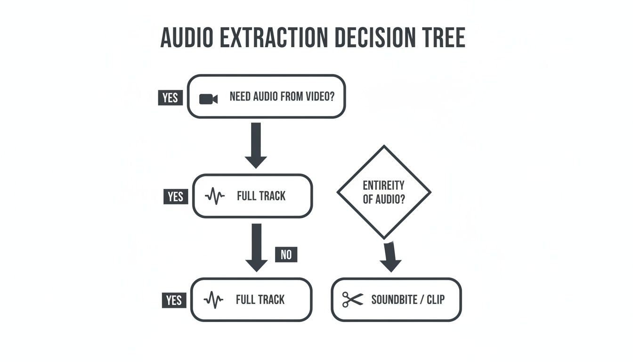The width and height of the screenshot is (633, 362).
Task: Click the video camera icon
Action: [x=208, y=99]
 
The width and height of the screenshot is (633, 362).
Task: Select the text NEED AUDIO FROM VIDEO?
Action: [x=282, y=97]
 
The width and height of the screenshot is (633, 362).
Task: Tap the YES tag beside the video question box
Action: [x=170, y=98]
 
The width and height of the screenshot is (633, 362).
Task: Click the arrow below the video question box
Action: [x=256, y=145]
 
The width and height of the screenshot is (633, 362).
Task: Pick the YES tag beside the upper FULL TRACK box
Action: [x=175, y=196]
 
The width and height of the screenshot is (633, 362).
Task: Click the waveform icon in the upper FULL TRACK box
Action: [x=215, y=196]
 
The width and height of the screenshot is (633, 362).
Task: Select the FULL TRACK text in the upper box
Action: [x=261, y=196]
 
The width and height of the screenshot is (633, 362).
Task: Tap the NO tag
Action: [x=286, y=255]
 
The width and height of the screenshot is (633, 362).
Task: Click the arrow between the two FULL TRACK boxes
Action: [x=256, y=247]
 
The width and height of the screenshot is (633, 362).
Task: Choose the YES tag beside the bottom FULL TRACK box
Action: [x=174, y=300]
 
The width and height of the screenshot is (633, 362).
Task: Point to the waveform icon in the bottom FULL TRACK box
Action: [x=213, y=300]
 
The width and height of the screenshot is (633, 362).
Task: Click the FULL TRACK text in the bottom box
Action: [x=260, y=300]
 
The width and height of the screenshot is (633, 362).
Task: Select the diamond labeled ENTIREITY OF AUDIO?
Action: [x=384, y=192]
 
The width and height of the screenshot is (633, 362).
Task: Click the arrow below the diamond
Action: [x=390, y=257]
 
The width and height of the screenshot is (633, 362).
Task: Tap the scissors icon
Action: [x=352, y=300]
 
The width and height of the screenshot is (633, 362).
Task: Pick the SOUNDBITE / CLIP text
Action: [x=408, y=300]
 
